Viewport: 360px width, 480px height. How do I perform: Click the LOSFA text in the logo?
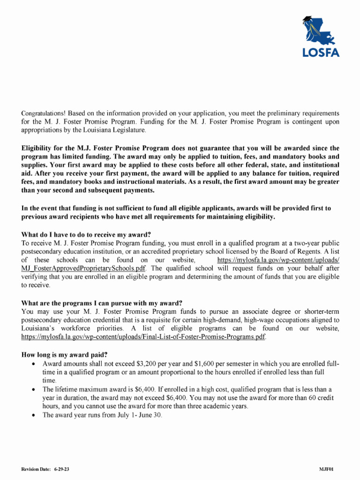coord(321,52)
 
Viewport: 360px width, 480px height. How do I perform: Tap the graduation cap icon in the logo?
coord(307,20)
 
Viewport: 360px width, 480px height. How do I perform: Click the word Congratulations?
coord(44,113)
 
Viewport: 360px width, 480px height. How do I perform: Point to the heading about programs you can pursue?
coord(102,303)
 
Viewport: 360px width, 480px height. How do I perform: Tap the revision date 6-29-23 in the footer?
coord(61,469)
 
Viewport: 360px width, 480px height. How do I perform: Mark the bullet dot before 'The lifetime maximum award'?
coord(33,390)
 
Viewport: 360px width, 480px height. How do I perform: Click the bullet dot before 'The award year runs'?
coord(33,415)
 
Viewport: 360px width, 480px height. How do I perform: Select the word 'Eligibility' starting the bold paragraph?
coord(38,148)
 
